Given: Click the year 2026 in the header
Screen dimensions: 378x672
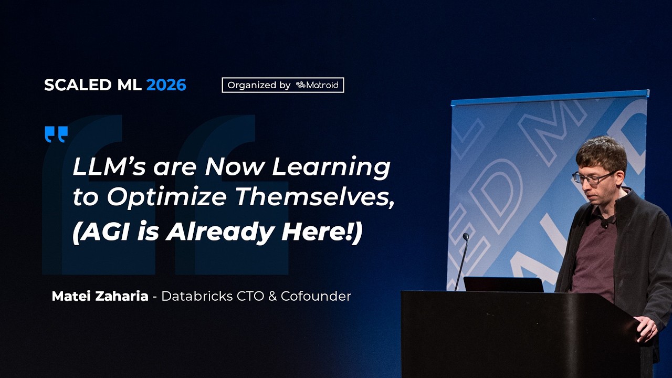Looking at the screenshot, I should (166, 85).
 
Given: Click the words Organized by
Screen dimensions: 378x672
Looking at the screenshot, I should (259, 85).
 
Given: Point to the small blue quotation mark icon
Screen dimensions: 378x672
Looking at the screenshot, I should (56, 134).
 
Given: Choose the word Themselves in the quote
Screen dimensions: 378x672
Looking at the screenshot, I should (314, 197).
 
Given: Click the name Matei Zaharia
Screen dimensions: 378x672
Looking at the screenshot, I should (100, 296).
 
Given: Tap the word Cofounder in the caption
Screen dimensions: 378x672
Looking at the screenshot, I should (316, 296).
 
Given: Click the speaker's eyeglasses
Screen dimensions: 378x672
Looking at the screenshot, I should (594, 177).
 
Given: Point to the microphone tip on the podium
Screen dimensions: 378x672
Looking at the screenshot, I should (465, 237).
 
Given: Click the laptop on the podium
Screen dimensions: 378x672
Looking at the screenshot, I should (503, 284).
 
